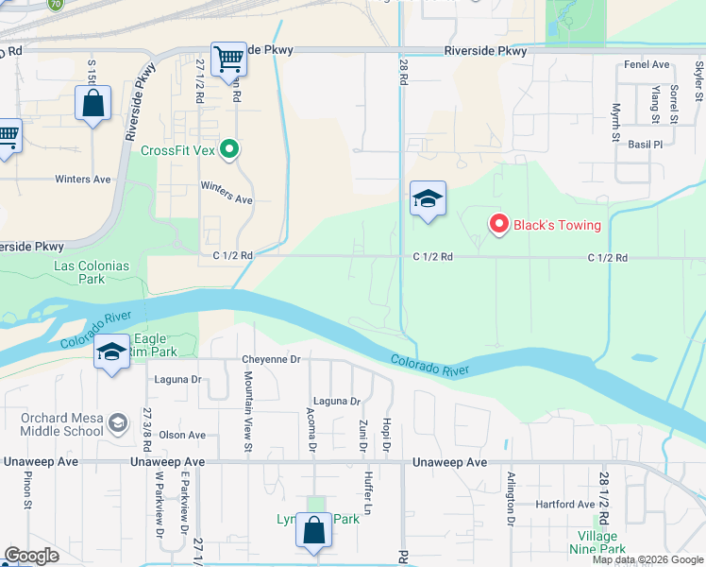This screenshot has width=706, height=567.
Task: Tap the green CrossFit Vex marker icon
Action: click(x=228, y=149)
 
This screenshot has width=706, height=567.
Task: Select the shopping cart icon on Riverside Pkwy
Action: click(x=228, y=60)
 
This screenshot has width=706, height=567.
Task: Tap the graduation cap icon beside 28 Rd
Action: click(x=428, y=199)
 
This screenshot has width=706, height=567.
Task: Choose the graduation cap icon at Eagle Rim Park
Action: click(x=111, y=353)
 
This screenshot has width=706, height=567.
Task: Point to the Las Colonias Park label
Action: click(x=92, y=272)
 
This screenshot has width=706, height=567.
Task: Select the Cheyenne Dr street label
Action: click(x=270, y=359)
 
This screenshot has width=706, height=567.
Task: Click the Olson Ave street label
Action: click(x=182, y=435)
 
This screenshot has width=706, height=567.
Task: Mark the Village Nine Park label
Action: click(x=598, y=542)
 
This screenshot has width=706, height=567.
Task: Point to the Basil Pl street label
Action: click(x=646, y=145)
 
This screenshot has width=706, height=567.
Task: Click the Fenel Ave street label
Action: click(x=647, y=64)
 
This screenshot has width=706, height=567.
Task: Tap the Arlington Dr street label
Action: click(x=511, y=498)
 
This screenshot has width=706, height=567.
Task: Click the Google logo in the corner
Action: click(x=31, y=556)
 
